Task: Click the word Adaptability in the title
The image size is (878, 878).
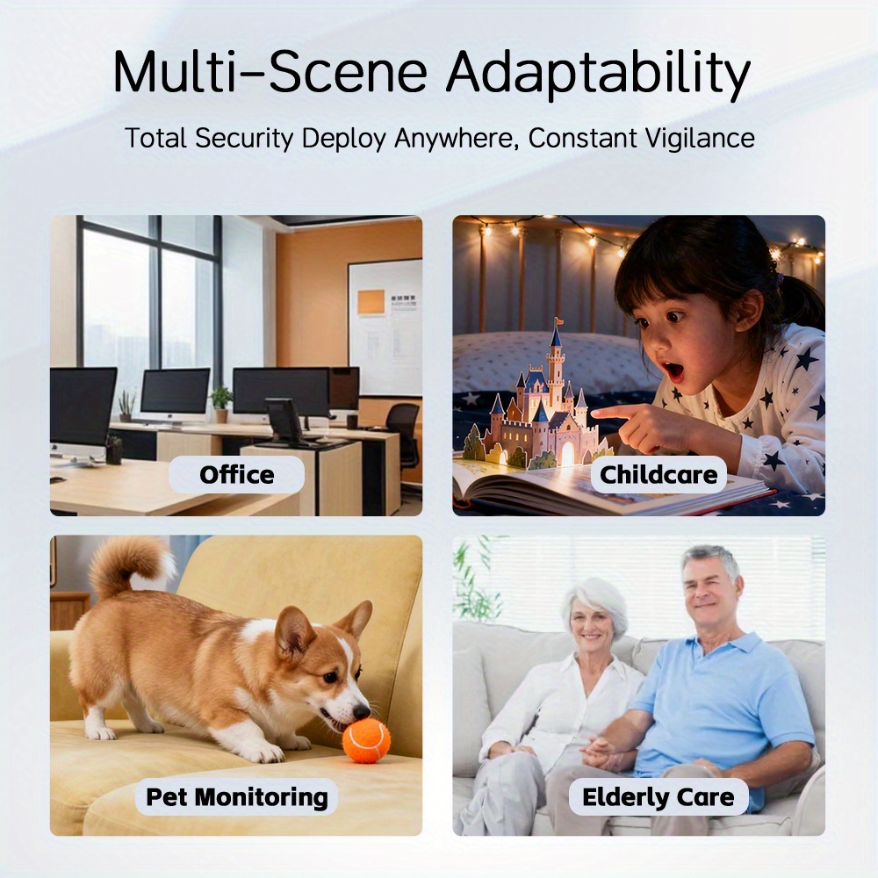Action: click(x=597, y=75)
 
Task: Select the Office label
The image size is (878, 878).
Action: click(x=236, y=475)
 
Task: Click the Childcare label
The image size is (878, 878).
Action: click(x=658, y=475)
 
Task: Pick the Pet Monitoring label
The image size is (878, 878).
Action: click(x=236, y=797)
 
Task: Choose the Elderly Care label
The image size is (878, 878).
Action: click(x=658, y=797)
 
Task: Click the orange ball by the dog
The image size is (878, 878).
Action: click(x=366, y=741)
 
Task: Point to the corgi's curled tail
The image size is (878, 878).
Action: click(x=129, y=565)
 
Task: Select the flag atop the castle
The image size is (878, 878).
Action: click(x=558, y=322)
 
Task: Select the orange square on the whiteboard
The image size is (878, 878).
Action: click(x=371, y=302)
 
